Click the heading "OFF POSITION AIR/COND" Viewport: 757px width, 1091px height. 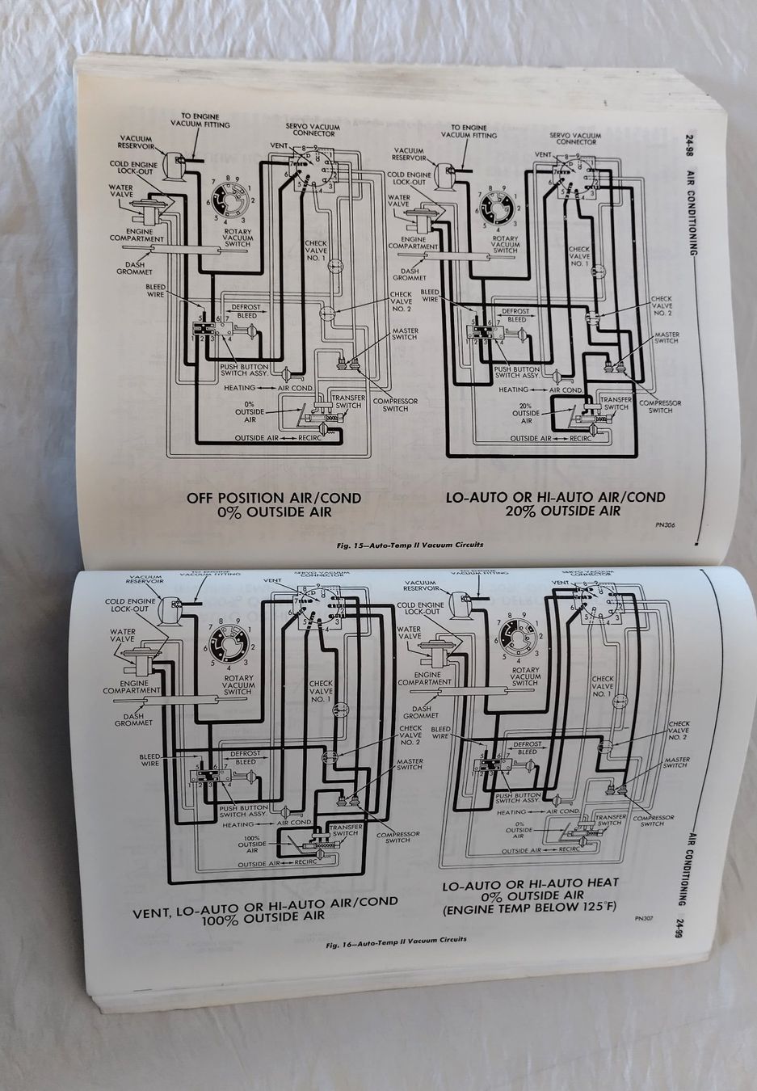point(274,498)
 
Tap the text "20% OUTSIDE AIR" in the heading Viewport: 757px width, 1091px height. point(557,511)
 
